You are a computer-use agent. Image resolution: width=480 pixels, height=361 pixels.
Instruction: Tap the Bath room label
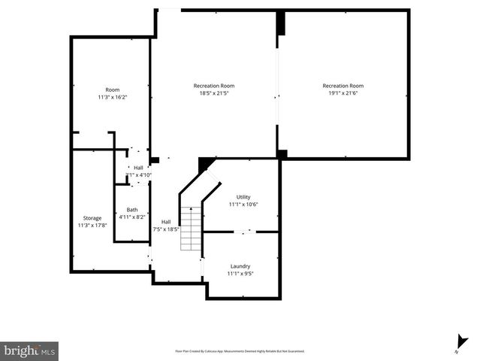point(132,210)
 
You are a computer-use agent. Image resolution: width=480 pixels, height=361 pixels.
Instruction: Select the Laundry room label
point(240,265)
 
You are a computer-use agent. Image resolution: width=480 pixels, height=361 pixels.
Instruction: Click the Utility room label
point(243,196)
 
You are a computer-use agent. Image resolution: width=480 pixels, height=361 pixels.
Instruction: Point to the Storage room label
point(92,217)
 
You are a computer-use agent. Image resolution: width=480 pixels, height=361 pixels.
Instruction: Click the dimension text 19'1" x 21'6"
point(343,93)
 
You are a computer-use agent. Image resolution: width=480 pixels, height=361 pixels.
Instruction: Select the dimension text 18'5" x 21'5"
point(214,93)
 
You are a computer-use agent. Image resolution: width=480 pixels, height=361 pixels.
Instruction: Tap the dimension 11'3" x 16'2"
point(113,97)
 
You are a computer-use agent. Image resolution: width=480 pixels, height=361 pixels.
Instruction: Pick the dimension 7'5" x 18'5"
point(166,229)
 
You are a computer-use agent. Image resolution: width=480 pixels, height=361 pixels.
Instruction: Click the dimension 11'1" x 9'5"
point(240,274)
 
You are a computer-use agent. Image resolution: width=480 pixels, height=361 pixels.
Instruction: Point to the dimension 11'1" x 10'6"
point(243,204)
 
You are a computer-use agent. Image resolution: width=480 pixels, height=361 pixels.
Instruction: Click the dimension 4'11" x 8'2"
point(132,217)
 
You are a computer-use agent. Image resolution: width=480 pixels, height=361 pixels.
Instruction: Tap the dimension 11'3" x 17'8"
point(92,225)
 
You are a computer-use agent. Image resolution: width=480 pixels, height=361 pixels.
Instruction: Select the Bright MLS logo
point(29,350)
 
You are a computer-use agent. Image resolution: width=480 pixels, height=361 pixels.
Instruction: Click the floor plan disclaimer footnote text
point(240,350)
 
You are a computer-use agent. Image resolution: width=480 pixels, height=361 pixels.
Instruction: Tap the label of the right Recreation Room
point(343,86)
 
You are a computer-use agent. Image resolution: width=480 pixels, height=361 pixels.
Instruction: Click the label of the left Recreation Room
point(214,86)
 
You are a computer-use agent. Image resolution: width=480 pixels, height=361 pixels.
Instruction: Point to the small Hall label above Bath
point(138,168)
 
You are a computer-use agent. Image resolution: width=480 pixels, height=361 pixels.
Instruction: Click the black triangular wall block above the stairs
point(204,163)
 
